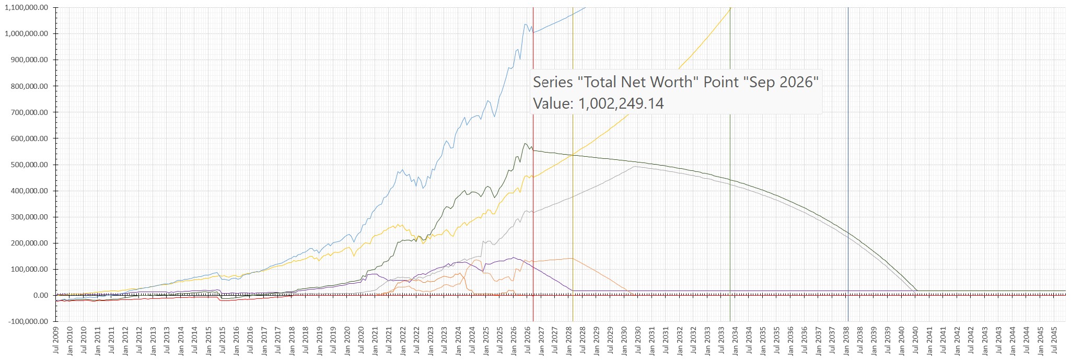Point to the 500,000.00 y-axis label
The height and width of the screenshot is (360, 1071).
coord(29,165)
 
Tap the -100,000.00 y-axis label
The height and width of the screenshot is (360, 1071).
coord(28,321)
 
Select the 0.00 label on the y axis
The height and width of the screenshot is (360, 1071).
coord(41,295)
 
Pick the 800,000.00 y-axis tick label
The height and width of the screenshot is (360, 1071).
coord(29,86)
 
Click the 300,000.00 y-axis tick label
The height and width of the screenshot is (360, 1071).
coord(29,217)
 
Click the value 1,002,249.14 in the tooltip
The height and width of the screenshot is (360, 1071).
coord(621,103)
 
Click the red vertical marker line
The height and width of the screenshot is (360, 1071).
coord(533,165)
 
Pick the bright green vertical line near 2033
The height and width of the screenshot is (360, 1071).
coord(730,165)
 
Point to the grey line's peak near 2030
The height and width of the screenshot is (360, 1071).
coord(634,167)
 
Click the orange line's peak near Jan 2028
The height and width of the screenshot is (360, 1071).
coord(572,258)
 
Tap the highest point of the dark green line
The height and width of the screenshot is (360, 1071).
coord(525,144)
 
